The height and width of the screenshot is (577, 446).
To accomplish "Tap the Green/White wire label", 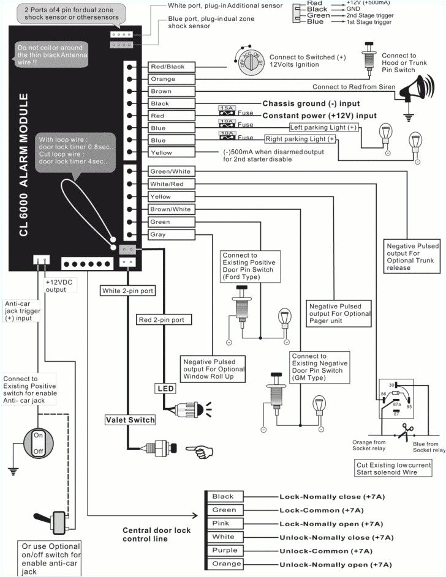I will pyautogui.click(x=171, y=171).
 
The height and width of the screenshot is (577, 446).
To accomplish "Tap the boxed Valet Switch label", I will pyautogui.click(x=130, y=420).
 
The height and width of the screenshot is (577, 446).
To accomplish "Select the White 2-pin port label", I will pyautogui.click(x=128, y=291).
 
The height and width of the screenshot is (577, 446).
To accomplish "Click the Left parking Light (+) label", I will pyautogui.click(x=323, y=127).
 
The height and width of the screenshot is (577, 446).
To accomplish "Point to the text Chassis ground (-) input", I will pyautogui.click(x=311, y=103).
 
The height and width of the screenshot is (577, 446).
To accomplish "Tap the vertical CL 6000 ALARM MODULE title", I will pyautogui.click(x=24, y=165).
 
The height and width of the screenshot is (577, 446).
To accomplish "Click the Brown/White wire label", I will pyautogui.click(x=171, y=209).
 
